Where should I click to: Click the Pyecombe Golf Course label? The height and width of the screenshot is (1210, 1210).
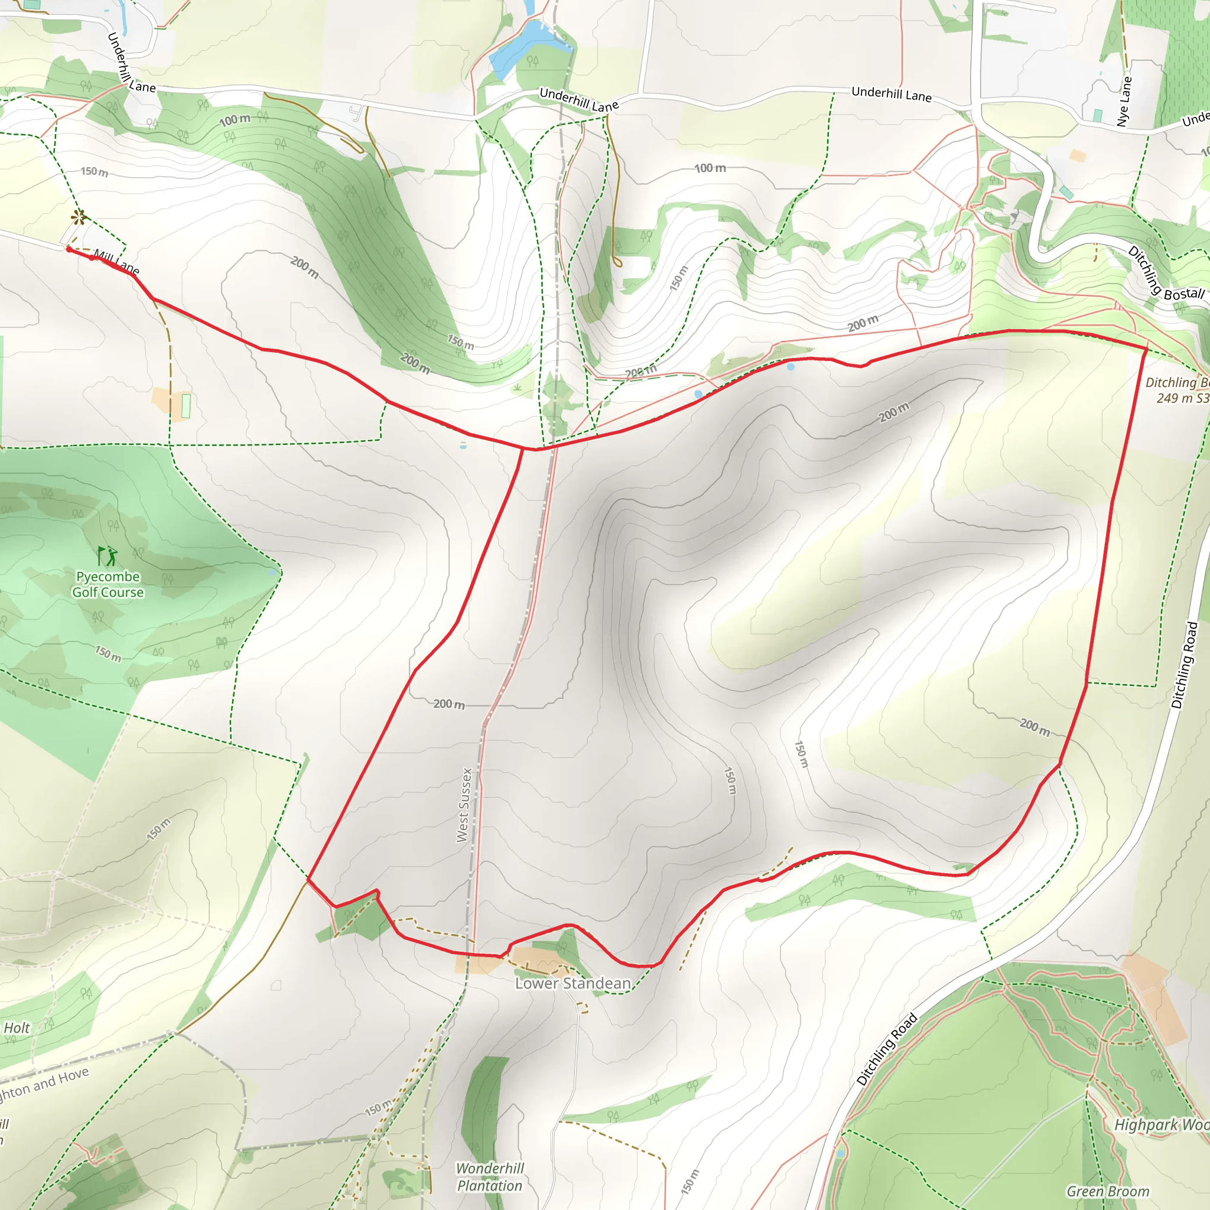click(x=108, y=584)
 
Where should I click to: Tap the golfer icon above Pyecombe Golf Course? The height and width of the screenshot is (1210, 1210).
click(x=108, y=555)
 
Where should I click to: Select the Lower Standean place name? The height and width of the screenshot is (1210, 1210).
click(x=573, y=983)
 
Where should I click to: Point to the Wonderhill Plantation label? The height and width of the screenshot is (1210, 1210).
click(x=490, y=1177)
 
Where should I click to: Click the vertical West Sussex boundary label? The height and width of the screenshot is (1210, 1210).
click(x=464, y=805)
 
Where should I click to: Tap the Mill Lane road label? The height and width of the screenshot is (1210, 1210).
click(x=116, y=262)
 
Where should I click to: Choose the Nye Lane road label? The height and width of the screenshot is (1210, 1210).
click(x=1125, y=102)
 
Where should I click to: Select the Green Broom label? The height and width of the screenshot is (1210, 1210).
click(x=1108, y=1191)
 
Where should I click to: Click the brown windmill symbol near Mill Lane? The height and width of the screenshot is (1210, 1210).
click(x=79, y=217)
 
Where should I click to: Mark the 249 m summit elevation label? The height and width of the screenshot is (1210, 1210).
click(x=1181, y=398)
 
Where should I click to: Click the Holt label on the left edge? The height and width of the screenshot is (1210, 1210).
click(x=17, y=1028)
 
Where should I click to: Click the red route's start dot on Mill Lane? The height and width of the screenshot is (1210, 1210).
click(x=69, y=249)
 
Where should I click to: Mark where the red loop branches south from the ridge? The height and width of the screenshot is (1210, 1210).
click(x=523, y=448)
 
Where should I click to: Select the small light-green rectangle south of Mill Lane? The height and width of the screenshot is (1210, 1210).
click(x=186, y=406)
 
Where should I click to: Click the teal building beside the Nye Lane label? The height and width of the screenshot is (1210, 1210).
click(x=1097, y=115)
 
